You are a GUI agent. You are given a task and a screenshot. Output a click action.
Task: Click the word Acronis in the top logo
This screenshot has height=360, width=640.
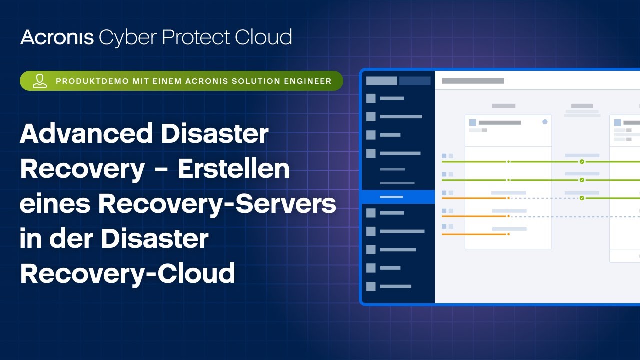point(57,37)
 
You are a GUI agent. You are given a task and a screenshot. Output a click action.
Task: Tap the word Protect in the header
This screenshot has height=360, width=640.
point(196,37)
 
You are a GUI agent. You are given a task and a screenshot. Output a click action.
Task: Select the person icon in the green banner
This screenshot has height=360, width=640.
point(40,81)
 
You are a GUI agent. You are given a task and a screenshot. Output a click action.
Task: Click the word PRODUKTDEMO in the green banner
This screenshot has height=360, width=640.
point(92,81)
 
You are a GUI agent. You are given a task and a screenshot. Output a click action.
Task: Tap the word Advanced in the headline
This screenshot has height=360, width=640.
point(86,133)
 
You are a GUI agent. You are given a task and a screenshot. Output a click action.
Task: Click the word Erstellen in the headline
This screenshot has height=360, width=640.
point(234,169)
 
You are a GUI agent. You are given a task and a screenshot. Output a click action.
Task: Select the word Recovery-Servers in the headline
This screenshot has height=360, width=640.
point(217,205)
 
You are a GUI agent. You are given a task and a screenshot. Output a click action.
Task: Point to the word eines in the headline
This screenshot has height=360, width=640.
point(55,204)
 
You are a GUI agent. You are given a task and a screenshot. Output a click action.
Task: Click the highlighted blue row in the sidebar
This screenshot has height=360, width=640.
point(398,197)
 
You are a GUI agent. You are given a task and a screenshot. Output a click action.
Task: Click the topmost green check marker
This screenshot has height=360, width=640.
point(582,162)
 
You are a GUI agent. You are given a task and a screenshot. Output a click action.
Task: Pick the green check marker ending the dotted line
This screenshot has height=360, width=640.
point(582,198)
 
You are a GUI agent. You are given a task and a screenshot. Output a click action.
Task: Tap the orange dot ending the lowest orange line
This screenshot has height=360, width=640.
point(508,234)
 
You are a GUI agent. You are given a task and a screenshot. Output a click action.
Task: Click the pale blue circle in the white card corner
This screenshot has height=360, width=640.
point(545,122)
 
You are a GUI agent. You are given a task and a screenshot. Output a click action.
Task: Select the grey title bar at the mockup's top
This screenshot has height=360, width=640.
point(473,81)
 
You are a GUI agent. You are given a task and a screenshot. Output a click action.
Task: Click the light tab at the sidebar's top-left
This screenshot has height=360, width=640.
point(381,81)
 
